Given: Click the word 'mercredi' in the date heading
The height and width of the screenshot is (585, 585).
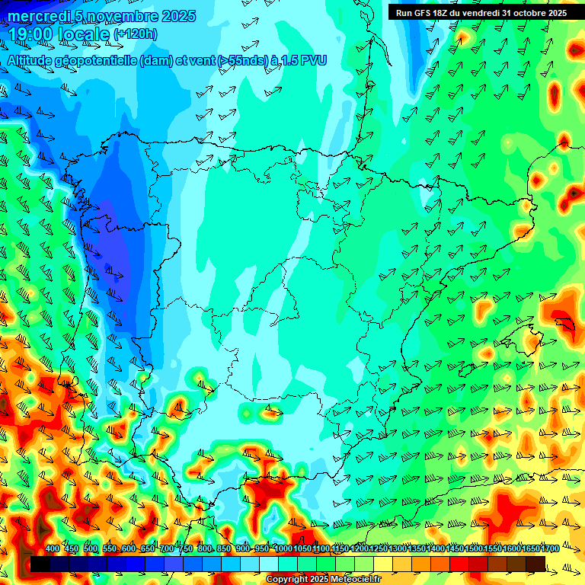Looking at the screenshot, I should (36, 16).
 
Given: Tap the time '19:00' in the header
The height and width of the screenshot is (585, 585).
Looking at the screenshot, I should (28, 35).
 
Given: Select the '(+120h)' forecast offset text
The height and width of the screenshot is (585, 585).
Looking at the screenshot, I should (136, 34).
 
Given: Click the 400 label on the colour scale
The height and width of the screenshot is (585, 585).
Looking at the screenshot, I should (53, 549).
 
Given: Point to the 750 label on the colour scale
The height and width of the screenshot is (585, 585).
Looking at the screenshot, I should (186, 549).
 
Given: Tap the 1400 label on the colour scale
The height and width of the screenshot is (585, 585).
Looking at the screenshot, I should (435, 549).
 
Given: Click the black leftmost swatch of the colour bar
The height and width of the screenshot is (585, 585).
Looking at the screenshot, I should (40, 564).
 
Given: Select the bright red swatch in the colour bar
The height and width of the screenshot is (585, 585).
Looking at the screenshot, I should (459, 564).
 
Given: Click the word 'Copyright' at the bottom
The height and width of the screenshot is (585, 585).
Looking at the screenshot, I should (287, 580).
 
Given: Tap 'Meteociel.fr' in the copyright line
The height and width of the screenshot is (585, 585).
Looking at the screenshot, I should (356, 580).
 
